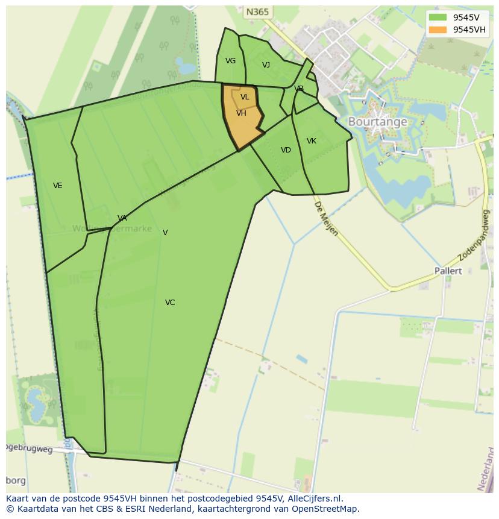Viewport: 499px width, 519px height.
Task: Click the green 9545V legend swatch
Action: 438,17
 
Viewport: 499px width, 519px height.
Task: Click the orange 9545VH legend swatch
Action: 438,30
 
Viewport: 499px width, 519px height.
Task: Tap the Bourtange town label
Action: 377,122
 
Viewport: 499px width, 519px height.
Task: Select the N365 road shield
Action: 257,12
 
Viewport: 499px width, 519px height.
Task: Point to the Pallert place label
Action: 448,271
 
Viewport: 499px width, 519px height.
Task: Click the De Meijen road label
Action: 325,218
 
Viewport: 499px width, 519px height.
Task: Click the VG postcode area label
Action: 230,61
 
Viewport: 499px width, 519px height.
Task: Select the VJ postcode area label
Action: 266,65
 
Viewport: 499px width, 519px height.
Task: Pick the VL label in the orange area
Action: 245,97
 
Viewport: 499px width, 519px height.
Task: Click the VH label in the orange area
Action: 241,113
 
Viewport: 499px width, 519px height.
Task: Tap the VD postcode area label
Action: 286,150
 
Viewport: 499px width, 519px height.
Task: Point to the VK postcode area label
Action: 312,141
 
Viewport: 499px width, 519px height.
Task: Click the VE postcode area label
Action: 58,186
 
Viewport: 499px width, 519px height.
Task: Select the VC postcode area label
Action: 170,303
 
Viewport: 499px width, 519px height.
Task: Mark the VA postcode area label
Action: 122,218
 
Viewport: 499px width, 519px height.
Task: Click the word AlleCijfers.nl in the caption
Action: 315,499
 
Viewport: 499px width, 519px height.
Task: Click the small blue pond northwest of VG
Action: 185,65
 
